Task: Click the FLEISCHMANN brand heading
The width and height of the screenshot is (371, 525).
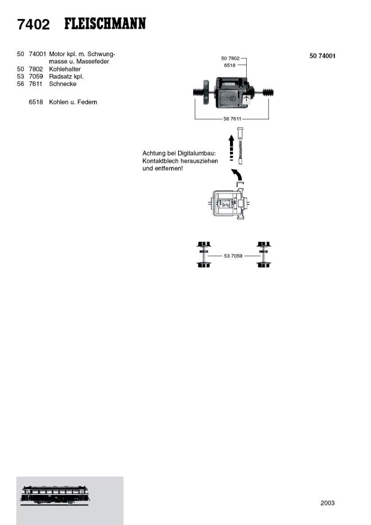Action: tap(105, 23)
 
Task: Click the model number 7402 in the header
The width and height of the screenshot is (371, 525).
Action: tap(33, 24)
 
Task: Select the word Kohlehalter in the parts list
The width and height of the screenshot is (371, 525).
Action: tap(64, 69)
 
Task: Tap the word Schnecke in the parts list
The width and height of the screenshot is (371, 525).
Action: tap(63, 84)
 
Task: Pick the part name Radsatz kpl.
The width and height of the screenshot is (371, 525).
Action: tap(66, 77)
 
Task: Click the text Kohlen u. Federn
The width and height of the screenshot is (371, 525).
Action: tap(73, 102)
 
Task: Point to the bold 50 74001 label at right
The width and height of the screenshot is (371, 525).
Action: tap(322, 56)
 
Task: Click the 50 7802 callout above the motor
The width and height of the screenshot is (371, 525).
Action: tap(230, 58)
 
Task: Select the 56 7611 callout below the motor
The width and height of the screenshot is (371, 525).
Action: tap(232, 119)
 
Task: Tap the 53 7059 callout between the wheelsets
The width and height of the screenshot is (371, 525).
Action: tap(233, 256)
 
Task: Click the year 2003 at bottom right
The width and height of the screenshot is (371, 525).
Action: tap(327, 503)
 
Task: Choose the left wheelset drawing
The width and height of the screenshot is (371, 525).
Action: tap(203, 254)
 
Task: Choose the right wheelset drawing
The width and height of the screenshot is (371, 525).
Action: tap(263, 254)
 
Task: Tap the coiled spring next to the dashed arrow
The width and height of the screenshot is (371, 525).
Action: tap(240, 149)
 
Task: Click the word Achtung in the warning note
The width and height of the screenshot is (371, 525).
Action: tap(154, 153)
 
